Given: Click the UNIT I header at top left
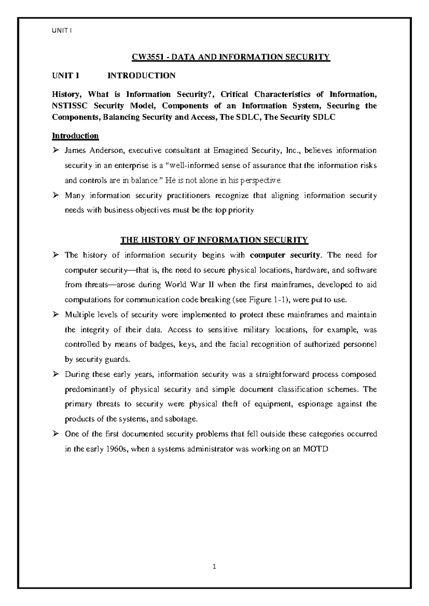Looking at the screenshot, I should pos(62,31).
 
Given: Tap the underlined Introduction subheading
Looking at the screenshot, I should pos(75,136).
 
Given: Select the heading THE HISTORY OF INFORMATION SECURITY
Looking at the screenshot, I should pos(214,240).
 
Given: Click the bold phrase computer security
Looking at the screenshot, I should pos(285,255).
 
